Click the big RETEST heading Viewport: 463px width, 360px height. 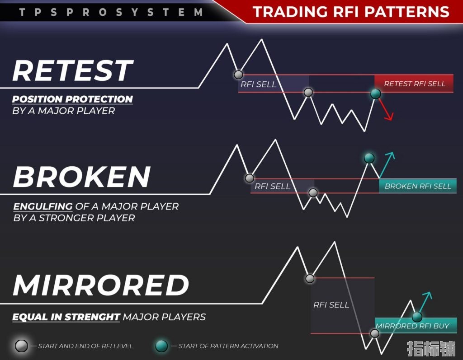click(73, 70)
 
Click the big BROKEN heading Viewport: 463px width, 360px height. click(82, 177)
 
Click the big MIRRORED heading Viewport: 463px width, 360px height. click(101, 285)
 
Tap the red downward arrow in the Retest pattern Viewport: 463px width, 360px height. click(386, 109)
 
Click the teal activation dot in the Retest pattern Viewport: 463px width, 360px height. click(375, 94)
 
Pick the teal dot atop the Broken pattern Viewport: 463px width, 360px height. click(369, 158)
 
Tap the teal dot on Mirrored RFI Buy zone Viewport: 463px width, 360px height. click(417, 317)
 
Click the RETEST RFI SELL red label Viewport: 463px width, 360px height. click(415, 84)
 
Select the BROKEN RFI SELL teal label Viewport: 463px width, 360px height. click(418, 186)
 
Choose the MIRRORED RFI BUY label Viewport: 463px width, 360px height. click(412, 326)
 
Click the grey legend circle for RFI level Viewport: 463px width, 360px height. click(21, 346)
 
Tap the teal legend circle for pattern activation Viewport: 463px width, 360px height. click(161, 346)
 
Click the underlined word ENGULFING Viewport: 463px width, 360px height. click(43, 206)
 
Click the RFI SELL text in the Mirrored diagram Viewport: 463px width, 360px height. click(331, 304)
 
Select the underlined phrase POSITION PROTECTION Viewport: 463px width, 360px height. click(72, 99)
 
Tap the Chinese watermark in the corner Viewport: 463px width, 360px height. click(431, 349)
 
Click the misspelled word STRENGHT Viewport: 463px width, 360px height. click(92, 317)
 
